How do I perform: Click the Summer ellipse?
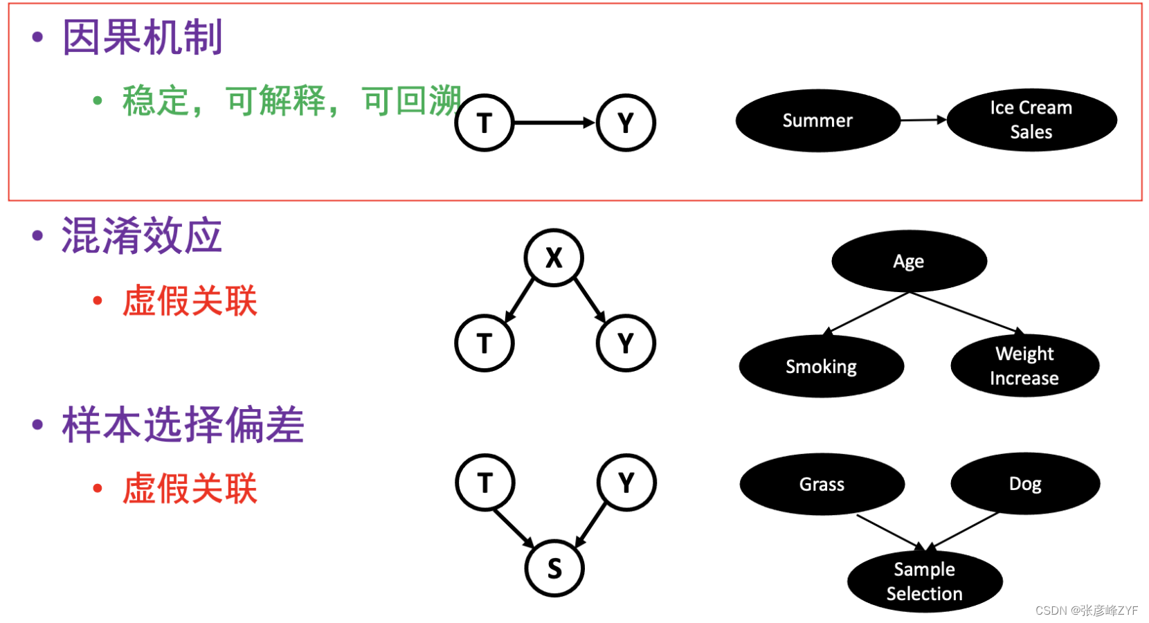[x=817, y=120]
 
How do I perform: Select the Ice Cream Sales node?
[x=1031, y=120]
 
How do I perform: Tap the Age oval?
[x=909, y=261]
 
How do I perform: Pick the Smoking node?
[x=821, y=366]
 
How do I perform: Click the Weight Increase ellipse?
[x=1024, y=365]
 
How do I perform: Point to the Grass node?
[x=822, y=484]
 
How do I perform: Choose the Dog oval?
[x=1025, y=483]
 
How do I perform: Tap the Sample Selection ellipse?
[x=925, y=581]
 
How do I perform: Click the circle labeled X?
[x=554, y=258]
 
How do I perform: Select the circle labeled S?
[x=554, y=568]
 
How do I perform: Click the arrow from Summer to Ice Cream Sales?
[x=923, y=120]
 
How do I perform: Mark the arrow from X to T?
[x=520, y=300]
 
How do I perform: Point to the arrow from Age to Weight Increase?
[x=966, y=313]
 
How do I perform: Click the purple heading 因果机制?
[x=143, y=37]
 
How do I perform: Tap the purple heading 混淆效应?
[x=142, y=235]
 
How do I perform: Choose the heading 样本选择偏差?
[x=183, y=424]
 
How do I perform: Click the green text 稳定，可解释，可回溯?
[x=291, y=101]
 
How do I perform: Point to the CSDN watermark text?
[x=1086, y=610]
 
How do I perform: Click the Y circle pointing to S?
[x=626, y=482]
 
